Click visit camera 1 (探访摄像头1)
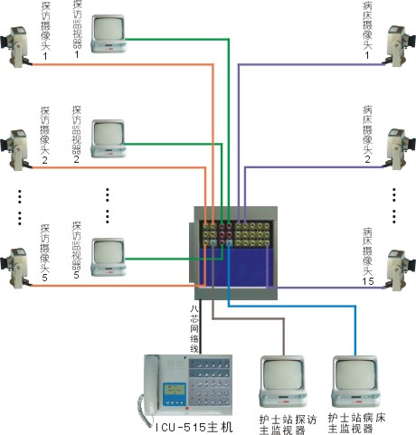(x=15, y=47)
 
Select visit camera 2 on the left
(x=15, y=150)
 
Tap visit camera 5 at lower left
(x=15, y=268)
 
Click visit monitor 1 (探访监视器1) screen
(x=109, y=28)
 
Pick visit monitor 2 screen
(x=109, y=133)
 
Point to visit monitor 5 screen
(x=109, y=251)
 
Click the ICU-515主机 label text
(x=194, y=427)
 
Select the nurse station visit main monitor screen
(x=282, y=374)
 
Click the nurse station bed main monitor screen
(x=355, y=374)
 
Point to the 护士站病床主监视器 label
(x=356, y=423)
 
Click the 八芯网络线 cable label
(x=194, y=329)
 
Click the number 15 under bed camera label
(x=368, y=281)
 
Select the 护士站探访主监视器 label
(x=288, y=424)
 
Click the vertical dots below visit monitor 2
(x=108, y=205)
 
